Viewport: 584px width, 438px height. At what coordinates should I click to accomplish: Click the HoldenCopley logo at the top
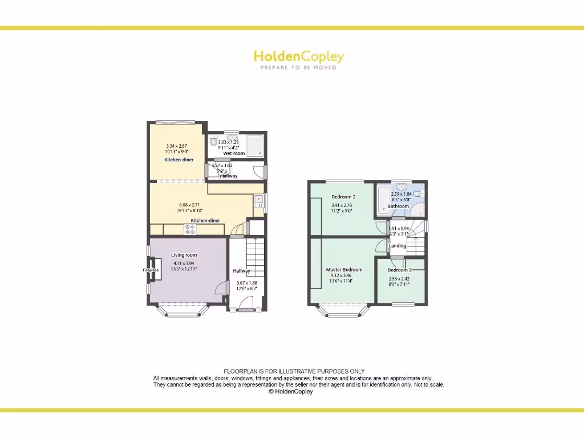[x=298, y=56]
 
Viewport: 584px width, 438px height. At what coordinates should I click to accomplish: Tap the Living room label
[x=184, y=255]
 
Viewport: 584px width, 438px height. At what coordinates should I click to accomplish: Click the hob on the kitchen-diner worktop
[x=190, y=229]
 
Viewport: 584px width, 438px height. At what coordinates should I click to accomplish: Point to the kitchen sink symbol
[x=258, y=200]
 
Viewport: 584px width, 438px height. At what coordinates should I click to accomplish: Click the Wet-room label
[x=234, y=153]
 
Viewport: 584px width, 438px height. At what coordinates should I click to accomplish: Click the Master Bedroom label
[x=344, y=270]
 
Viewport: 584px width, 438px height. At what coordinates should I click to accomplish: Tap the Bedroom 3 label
[x=399, y=270]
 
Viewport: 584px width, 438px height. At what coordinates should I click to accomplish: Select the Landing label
[x=397, y=246]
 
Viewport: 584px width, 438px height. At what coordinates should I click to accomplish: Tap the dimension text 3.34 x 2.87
[x=177, y=146]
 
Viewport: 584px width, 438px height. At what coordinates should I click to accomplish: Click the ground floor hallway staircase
[x=255, y=257]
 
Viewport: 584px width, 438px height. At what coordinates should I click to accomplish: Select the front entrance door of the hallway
[x=246, y=310]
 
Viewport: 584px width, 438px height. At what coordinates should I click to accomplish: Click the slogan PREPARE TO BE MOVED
[x=298, y=67]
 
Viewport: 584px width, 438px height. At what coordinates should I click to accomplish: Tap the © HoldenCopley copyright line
[x=291, y=392]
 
